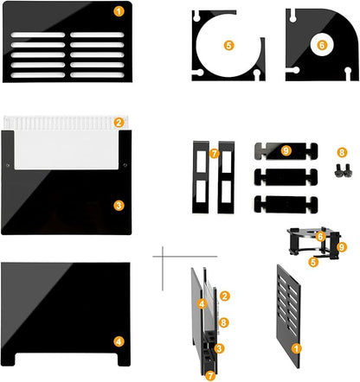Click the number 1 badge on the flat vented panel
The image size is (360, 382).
tap(119, 11)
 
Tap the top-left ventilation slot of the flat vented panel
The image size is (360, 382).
tap(38, 35)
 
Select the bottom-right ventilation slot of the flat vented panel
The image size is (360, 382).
tap(97, 75)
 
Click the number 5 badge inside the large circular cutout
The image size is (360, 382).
tap(228, 45)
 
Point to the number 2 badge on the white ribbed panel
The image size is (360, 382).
tap(119, 123)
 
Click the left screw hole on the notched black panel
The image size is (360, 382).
tap(8, 165)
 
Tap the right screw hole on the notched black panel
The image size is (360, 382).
tap(125, 165)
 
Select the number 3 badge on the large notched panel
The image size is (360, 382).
tap(119, 206)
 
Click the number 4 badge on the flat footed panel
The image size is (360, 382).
tap(119, 341)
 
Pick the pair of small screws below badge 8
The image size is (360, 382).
tap(344, 170)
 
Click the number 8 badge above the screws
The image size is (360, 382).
tap(342, 152)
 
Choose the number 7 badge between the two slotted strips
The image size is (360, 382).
tap(214, 154)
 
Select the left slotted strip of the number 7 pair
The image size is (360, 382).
tap(201, 177)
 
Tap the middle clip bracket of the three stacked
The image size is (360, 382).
tap(286, 177)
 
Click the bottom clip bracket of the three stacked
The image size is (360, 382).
tap(286, 205)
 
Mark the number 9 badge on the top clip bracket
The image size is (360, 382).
tap(286, 150)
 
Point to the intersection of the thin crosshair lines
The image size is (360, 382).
tap(163, 256)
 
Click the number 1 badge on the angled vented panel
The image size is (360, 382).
tap(296, 348)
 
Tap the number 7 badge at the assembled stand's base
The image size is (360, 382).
tap(210, 375)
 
